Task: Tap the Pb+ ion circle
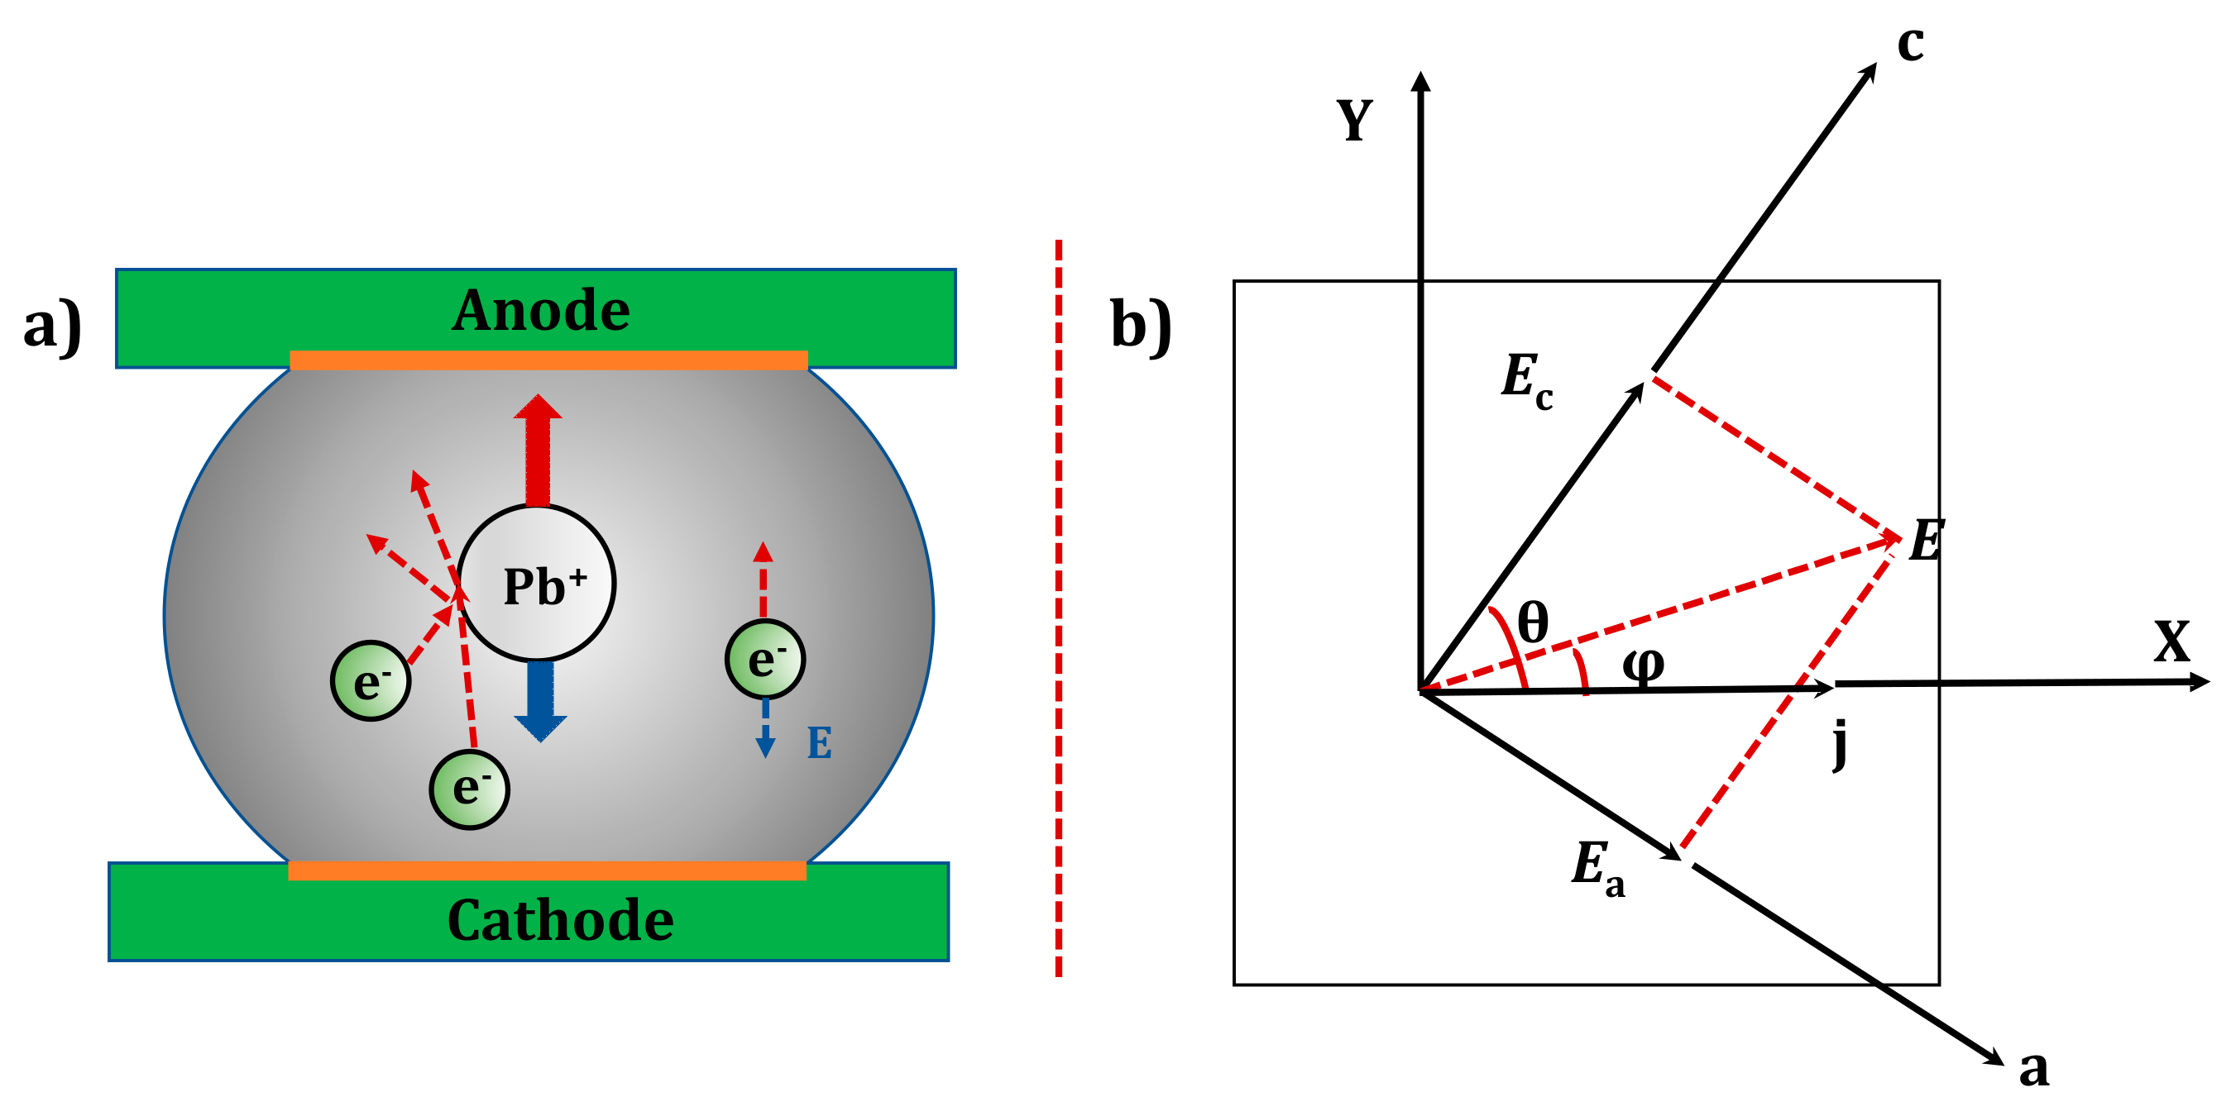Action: [537, 584]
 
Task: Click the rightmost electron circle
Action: [764, 660]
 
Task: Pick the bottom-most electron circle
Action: [469, 789]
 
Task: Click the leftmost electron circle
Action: [371, 680]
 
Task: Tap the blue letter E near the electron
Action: [819, 743]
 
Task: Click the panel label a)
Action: [52, 326]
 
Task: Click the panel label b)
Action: [1140, 326]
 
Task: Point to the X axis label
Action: [2171, 642]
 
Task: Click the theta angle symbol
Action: [1533, 622]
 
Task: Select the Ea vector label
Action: [1597, 867]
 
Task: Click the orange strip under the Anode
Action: [548, 360]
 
